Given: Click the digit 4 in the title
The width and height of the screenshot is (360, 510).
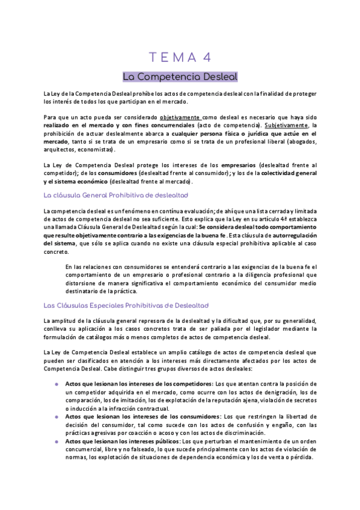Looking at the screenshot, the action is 206,57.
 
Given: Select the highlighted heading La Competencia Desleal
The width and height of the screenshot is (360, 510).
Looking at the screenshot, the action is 180,77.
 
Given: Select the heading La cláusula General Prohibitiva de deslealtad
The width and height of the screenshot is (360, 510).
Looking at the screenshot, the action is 116,195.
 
